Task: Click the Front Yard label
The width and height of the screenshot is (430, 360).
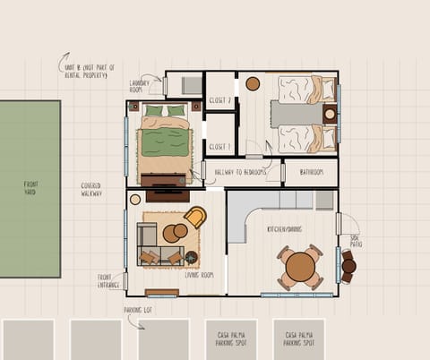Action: (x=30, y=188)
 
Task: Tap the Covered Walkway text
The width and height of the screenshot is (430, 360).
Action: (x=91, y=189)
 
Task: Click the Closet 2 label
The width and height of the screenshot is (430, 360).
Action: (x=220, y=101)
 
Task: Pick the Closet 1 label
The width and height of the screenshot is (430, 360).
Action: (x=220, y=144)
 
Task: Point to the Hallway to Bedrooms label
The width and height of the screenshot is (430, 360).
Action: (x=242, y=171)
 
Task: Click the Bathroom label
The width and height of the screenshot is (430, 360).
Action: (x=311, y=171)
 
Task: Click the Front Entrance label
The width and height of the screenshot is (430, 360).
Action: (x=108, y=281)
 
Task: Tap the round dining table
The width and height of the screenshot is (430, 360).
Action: (x=300, y=266)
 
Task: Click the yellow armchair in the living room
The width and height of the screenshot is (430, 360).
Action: (x=194, y=218)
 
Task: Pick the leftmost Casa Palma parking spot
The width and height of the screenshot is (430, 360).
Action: (x=230, y=339)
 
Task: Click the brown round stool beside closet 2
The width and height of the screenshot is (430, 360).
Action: (x=253, y=83)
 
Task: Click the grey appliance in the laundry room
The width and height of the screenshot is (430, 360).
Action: (x=192, y=85)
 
